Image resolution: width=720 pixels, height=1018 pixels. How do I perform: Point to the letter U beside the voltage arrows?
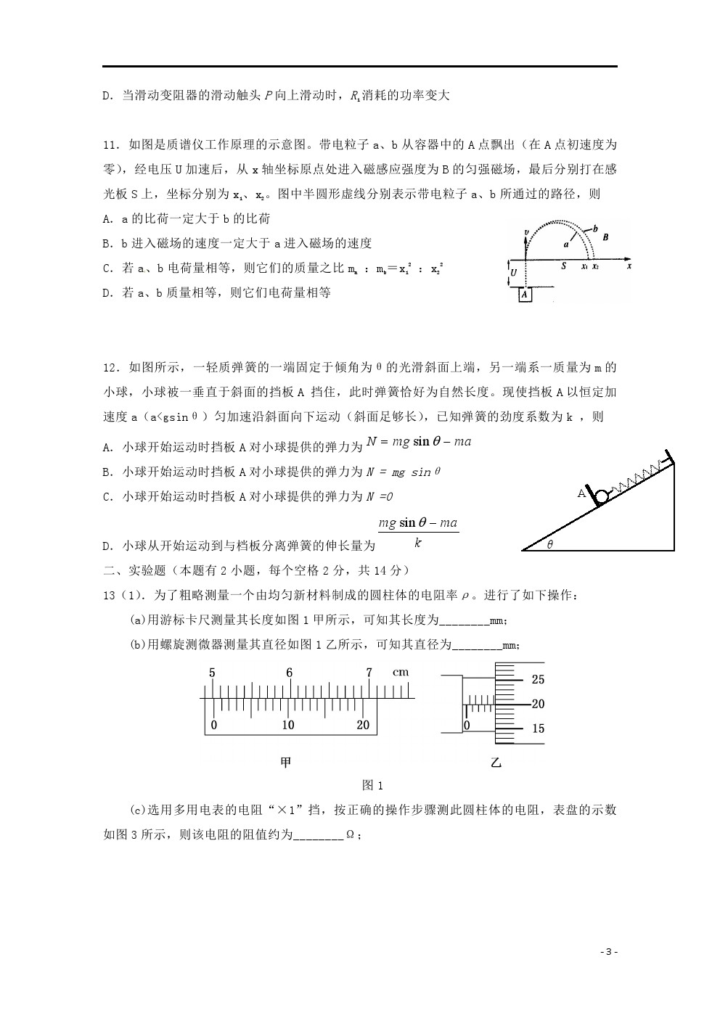click(514, 274)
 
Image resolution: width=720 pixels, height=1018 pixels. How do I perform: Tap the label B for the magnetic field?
click(605, 237)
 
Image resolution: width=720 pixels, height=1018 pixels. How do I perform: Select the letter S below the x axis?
click(563, 266)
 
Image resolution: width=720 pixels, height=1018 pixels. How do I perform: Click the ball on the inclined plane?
click(602, 497)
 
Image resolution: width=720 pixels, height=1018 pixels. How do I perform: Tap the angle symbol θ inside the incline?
click(549, 544)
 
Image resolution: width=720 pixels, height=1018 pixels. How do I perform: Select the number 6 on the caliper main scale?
click(289, 673)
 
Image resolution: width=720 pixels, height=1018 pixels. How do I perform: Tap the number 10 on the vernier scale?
click(288, 725)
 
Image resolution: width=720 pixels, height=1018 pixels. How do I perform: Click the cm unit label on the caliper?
click(401, 673)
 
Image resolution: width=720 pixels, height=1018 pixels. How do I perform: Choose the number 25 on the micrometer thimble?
click(538, 680)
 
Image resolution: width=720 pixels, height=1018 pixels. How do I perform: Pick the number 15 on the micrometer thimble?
click(538, 728)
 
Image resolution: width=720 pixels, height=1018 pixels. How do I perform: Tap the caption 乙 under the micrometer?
click(496, 762)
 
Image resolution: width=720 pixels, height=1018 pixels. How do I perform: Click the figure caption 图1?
click(372, 785)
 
